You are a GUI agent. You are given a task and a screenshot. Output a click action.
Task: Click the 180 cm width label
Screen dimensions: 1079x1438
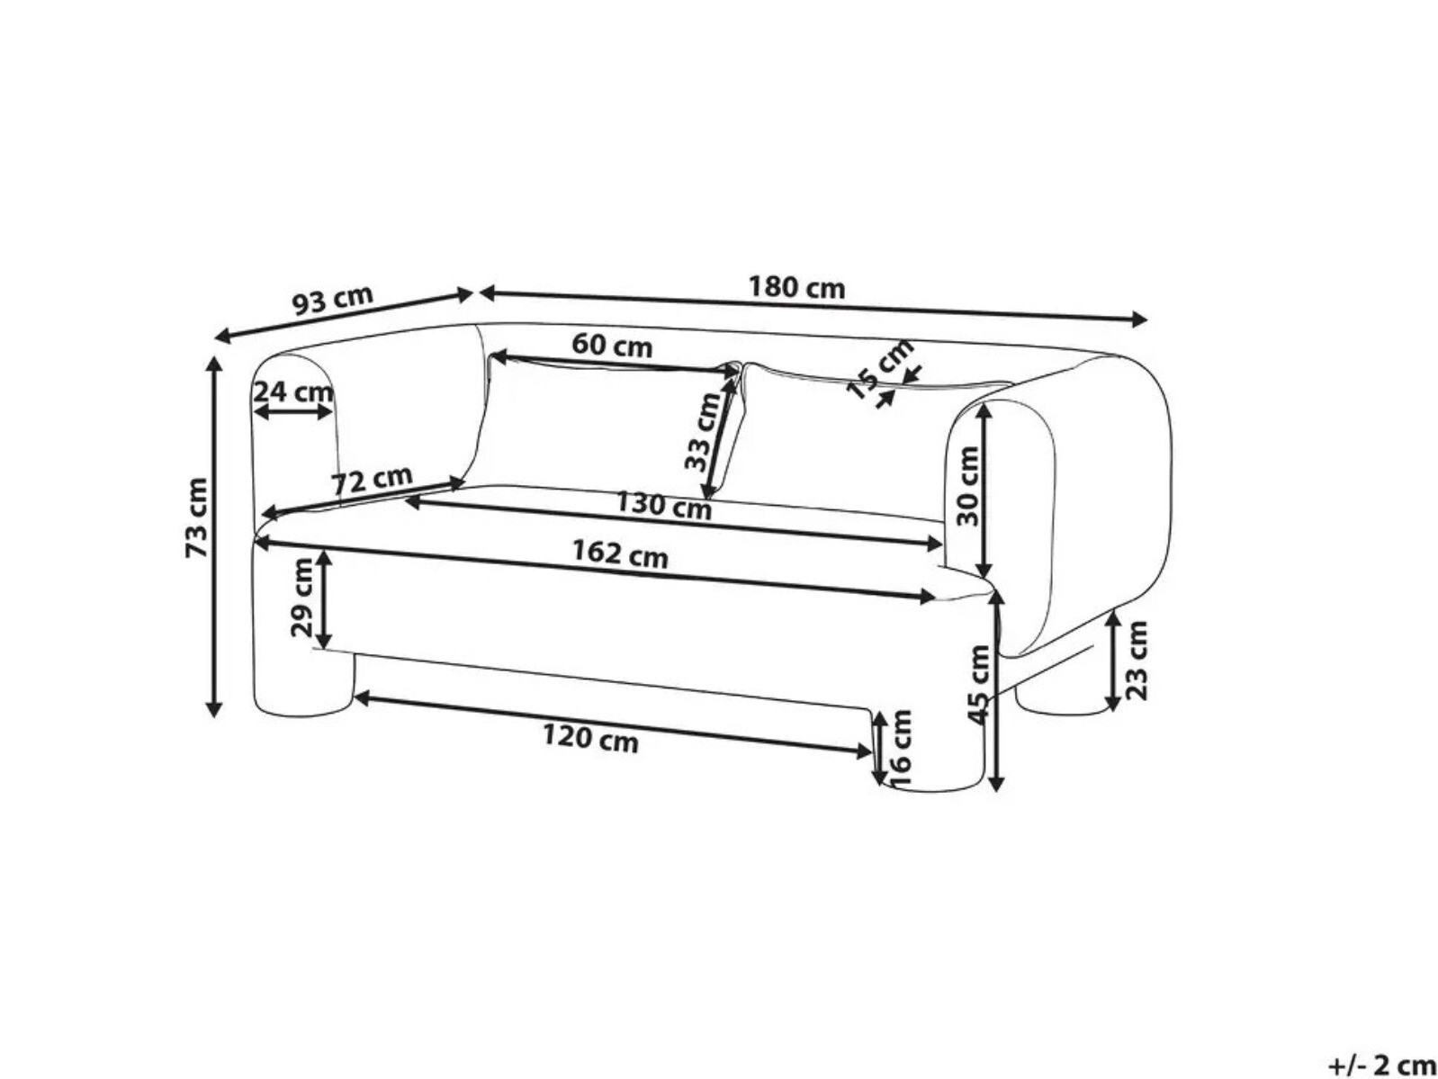click(x=796, y=288)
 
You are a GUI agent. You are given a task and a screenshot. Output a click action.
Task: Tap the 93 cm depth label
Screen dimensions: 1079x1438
click(x=333, y=300)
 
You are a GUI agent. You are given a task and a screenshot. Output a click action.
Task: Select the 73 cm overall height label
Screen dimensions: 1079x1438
click(x=197, y=517)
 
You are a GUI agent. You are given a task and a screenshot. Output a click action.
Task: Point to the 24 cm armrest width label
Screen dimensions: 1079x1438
click(x=292, y=392)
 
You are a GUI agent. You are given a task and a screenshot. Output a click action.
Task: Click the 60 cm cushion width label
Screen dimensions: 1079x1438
click(x=612, y=345)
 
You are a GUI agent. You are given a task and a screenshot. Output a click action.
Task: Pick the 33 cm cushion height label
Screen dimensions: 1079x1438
click(x=702, y=433)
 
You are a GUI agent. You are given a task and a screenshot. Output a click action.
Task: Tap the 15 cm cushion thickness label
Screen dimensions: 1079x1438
click(x=879, y=369)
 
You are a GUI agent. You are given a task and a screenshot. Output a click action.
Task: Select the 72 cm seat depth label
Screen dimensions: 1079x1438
click(x=372, y=481)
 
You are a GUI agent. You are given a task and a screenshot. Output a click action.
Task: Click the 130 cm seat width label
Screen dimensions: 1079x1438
click(x=663, y=507)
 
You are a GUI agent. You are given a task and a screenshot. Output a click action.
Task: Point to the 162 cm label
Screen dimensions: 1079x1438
click(x=620, y=554)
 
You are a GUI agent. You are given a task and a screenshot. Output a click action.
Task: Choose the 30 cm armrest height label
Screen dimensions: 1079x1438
click(x=967, y=487)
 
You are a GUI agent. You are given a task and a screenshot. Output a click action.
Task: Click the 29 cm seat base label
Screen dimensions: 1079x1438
click(x=303, y=598)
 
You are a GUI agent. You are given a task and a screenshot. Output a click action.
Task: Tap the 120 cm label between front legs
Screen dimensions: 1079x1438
click(x=590, y=740)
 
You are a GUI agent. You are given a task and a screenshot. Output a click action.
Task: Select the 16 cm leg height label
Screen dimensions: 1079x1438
click(x=901, y=747)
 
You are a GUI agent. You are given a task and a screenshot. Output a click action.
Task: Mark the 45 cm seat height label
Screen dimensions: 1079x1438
click(x=979, y=684)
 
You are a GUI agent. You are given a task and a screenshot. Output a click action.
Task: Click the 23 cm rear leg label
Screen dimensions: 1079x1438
click(x=1137, y=660)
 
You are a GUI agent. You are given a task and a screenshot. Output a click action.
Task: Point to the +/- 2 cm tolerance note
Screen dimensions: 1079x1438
click(x=1382, y=1065)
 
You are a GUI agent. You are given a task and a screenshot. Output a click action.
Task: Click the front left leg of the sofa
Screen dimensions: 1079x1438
click(x=301, y=684)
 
